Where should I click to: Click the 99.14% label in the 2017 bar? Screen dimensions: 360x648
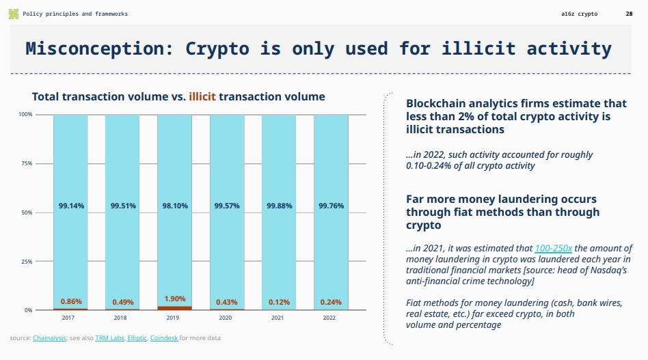pos(71,206)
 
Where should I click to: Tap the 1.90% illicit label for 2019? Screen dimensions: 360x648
pos(175,299)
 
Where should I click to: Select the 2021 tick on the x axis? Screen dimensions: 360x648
pos(278,318)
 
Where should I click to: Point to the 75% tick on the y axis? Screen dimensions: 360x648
pos(26,164)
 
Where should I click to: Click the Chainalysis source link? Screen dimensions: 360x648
pos(49,338)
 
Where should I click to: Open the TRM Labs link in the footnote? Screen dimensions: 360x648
pos(109,338)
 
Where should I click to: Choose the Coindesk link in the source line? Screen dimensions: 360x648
pos(164,338)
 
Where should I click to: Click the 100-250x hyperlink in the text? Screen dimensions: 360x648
pos(553,249)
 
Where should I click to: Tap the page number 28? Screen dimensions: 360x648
pos(629,14)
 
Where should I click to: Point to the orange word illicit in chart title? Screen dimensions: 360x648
pos(202,97)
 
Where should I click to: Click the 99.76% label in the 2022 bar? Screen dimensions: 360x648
pos(332,206)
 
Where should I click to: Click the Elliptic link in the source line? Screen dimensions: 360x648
pos(137,338)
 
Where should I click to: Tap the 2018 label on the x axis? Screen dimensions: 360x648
pos(120,318)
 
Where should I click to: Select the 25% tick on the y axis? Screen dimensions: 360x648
pos(26,262)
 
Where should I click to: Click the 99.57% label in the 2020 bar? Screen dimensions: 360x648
pos(227,206)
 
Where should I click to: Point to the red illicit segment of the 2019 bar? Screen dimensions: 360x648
pos(175,308)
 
